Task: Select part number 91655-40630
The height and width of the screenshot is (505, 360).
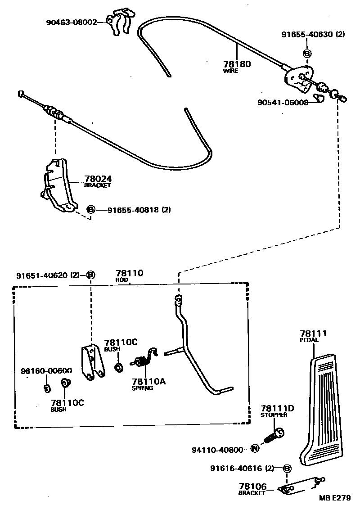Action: pos(308,34)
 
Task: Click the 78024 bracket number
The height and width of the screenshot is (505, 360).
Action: pos(98,179)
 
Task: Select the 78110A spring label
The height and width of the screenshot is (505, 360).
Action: pos(148,382)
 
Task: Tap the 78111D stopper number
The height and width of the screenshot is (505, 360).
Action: pos(277,408)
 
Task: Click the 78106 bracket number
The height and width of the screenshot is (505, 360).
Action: pos(253,487)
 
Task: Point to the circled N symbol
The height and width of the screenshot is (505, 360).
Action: pos(255,448)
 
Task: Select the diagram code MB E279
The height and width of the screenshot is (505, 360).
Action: pos(337,498)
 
